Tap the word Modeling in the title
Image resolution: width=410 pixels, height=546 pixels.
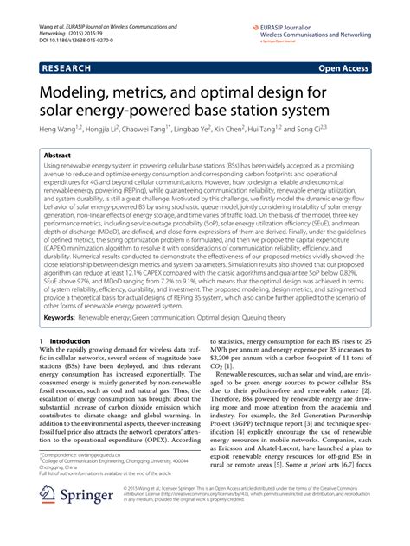coord(79,90)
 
